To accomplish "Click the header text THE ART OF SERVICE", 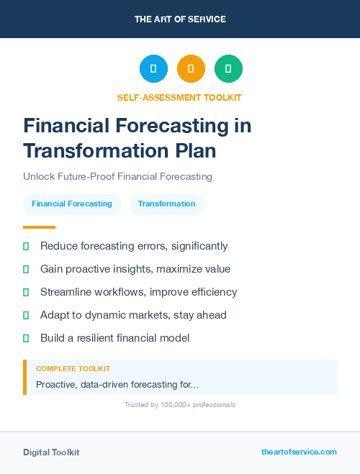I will [x=180, y=19].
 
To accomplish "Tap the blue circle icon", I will [x=153, y=68].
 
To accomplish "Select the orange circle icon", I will [x=191, y=68].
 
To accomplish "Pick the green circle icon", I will [x=228, y=68].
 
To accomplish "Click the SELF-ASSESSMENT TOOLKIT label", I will [x=179, y=97].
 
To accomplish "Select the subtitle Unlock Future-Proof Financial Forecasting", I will [x=117, y=176].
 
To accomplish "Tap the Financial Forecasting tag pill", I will [x=72, y=204].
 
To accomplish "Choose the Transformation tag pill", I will [x=167, y=204].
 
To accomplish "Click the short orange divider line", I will [x=39, y=227].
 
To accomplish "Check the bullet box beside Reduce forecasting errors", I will [x=26, y=246].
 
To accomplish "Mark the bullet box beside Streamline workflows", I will [x=26, y=292].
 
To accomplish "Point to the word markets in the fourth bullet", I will [x=150, y=315].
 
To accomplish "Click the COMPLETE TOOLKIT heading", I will [x=73, y=369].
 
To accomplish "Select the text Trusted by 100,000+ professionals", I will [x=180, y=405].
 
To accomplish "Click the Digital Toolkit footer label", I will [x=51, y=452].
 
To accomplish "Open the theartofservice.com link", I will [x=299, y=452].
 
